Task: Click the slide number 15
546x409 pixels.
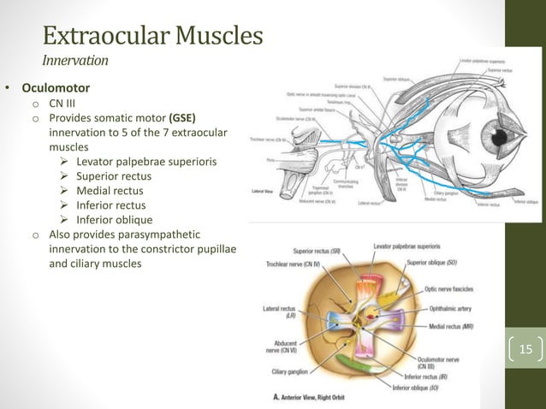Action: [525, 348]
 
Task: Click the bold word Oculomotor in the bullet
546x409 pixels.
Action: [56, 87]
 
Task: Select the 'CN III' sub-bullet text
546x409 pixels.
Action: [62, 103]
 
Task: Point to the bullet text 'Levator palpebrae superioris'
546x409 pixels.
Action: [144, 162]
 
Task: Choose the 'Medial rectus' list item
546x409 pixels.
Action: [110, 191]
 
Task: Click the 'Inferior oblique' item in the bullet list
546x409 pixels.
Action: [114, 220]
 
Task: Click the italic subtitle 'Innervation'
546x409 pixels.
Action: [75, 61]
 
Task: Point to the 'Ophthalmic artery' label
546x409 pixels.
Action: [445, 308]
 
